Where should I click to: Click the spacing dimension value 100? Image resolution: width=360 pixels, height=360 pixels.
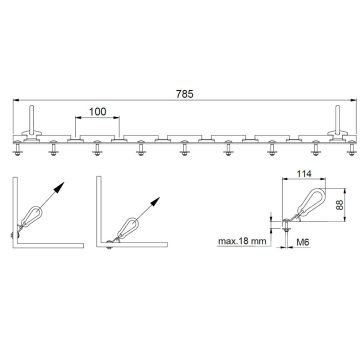(97, 111)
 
